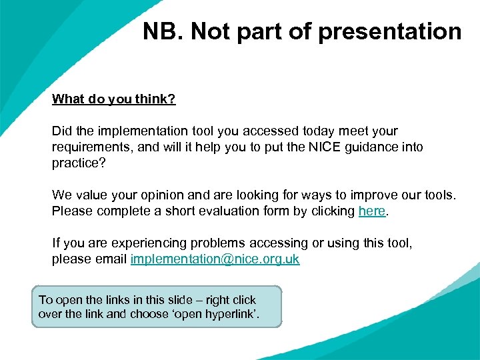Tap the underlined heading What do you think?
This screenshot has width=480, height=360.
[x=113, y=99]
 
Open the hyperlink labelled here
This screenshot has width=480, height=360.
[x=371, y=211]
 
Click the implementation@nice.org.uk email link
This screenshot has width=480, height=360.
[x=215, y=259]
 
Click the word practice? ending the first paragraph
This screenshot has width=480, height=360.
[x=79, y=163]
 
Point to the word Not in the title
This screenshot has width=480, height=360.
[x=209, y=31]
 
